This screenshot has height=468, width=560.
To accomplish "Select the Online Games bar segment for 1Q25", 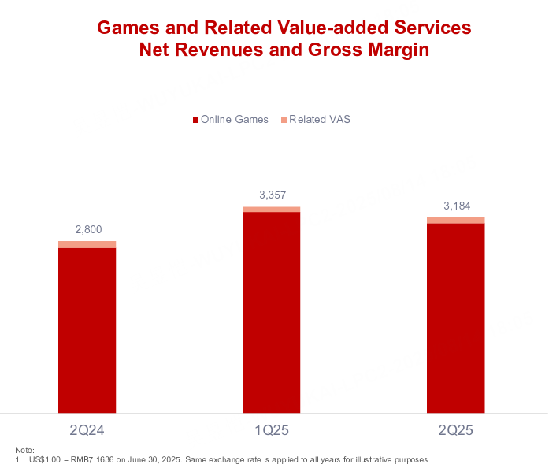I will tap(272, 311).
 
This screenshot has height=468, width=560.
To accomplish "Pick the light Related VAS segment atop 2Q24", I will tap(87, 244).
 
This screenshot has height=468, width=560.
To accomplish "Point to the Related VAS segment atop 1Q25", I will tap(272, 209).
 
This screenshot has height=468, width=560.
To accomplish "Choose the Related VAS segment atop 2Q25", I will tap(456, 220).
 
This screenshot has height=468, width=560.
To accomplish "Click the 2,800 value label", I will tap(87, 229).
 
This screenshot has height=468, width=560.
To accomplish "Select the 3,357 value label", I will tap(272, 194).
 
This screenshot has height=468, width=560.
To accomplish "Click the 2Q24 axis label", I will tap(87, 431).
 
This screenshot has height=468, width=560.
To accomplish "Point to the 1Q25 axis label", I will tap(272, 431).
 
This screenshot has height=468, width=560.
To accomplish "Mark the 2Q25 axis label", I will tap(456, 431).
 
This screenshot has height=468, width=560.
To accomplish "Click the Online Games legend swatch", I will tap(195, 120).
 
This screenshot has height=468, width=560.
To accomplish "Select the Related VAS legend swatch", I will tap(284, 120).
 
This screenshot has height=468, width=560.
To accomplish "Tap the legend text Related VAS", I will tap(320, 120).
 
